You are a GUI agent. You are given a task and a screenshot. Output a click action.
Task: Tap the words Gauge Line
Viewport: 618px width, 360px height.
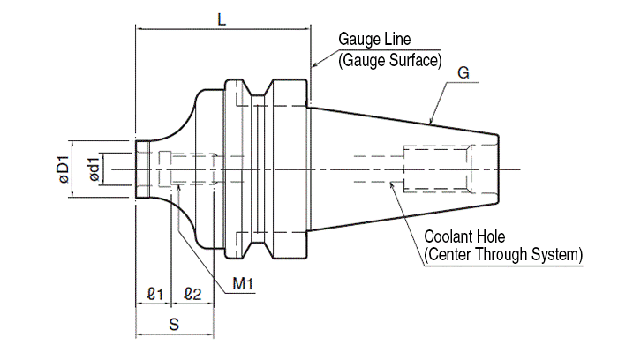[375, 41]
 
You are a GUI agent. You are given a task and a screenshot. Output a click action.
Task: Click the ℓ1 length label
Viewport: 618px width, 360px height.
[155, 293]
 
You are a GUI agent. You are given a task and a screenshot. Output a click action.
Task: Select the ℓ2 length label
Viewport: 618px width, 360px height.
[193, 293]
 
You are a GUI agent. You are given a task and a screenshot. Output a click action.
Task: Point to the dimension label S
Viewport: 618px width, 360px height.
[174, 324]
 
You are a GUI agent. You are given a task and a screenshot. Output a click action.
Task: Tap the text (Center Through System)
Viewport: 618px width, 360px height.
[503, 256]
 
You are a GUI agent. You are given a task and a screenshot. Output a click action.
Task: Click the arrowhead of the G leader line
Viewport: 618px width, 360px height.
[431, 122]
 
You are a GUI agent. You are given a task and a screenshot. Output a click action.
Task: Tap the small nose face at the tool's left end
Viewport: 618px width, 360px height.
[137, 168]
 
